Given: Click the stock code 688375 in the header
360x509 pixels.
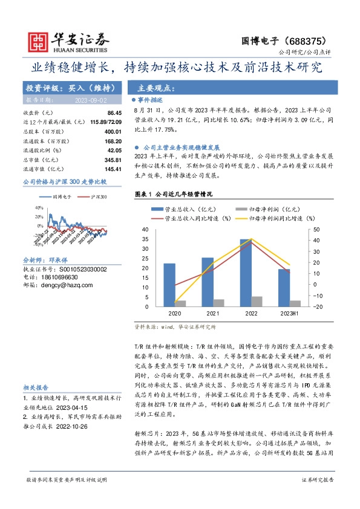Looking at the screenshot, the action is [311, 41].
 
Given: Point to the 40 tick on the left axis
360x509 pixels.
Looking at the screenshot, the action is [145, 230].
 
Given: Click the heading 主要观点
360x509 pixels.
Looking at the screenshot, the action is [157, 87].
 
